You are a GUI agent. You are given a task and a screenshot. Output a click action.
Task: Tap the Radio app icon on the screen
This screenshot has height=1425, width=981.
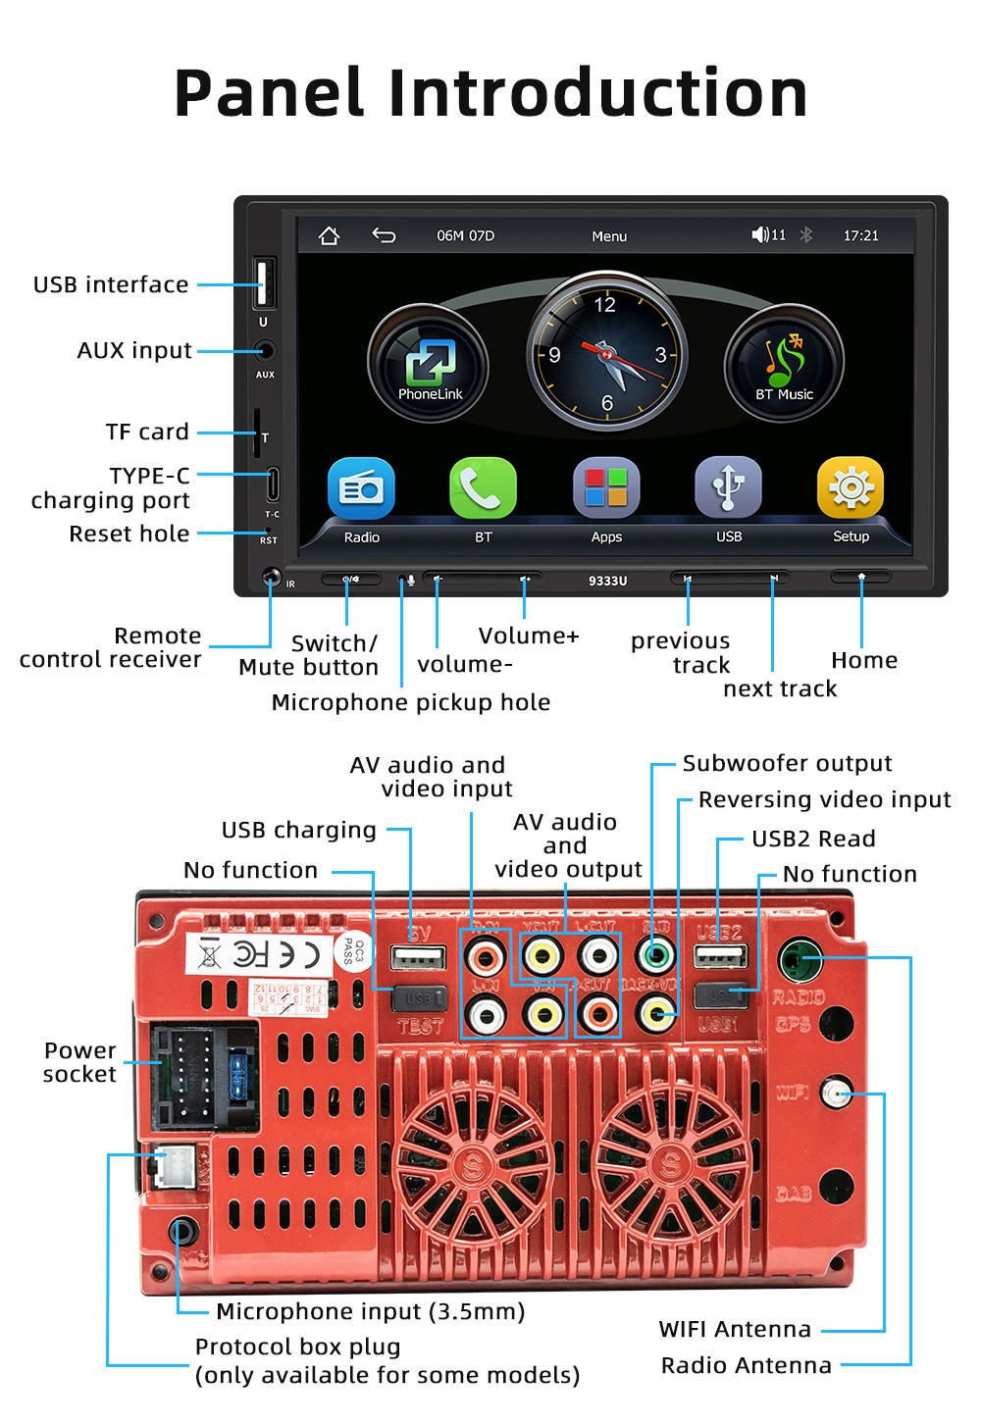361,487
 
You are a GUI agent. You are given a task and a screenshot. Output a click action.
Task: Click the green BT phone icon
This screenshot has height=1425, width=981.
483,487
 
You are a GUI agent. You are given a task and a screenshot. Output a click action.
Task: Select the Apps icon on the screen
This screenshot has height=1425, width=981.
606,487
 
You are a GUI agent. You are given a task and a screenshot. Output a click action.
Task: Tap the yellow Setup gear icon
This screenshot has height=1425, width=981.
851,487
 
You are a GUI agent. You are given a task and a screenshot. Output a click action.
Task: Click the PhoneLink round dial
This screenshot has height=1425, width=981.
429,364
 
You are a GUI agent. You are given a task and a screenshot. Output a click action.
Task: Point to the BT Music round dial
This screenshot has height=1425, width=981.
784,364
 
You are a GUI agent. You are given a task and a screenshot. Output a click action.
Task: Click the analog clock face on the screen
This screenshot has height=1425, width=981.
606,353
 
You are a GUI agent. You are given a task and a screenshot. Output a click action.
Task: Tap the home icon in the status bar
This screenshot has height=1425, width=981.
329,235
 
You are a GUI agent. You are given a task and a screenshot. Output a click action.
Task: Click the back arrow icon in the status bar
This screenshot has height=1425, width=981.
384,235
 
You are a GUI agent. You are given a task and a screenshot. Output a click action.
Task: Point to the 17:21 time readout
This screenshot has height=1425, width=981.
860,235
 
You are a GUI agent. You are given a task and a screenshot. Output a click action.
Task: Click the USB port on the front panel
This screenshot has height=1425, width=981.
264,283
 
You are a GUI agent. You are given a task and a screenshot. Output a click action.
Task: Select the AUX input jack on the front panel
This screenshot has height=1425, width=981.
264,350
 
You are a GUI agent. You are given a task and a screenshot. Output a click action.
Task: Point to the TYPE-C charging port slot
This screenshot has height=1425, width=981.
273,484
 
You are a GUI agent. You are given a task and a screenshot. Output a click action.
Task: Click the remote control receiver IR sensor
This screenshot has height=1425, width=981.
272,577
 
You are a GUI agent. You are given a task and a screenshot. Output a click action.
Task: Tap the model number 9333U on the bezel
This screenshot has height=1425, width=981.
607,581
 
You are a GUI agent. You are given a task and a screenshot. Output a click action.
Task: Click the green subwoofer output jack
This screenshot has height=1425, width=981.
655,954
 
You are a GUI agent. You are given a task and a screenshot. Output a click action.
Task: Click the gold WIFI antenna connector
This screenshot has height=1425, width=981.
835,1093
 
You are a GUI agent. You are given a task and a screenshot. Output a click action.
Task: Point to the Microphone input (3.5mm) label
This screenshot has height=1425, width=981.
370,1311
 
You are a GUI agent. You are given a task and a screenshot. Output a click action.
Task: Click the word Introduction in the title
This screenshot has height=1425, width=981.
598,93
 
